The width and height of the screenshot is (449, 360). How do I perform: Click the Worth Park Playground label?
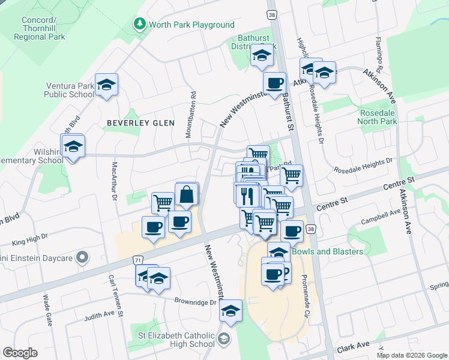tap(191, 25)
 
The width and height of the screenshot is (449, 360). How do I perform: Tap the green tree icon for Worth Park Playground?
tap(139, 25)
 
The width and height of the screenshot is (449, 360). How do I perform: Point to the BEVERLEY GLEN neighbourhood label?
tap(140, 123)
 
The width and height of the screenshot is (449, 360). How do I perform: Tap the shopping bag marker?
tap(187, 194)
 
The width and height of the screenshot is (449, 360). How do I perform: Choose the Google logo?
tap(20, 353)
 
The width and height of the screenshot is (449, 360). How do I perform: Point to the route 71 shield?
tap(138, 260)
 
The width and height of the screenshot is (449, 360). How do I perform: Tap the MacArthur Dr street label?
tap(112, 179)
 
